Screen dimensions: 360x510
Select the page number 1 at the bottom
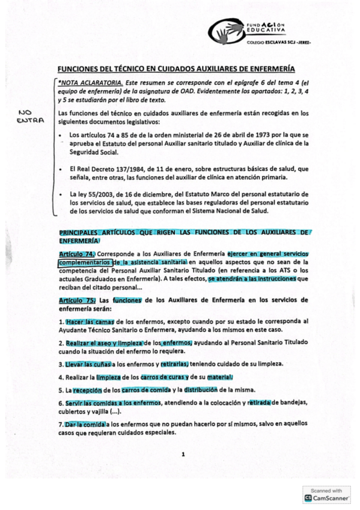(x=183, y=454)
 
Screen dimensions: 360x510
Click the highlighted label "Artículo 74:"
(x=77, y=254)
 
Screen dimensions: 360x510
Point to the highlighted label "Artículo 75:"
(x=77, y=300)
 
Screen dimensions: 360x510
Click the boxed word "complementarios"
(x=84, y=263)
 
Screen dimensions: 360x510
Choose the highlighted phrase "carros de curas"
(x=159, y=377)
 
